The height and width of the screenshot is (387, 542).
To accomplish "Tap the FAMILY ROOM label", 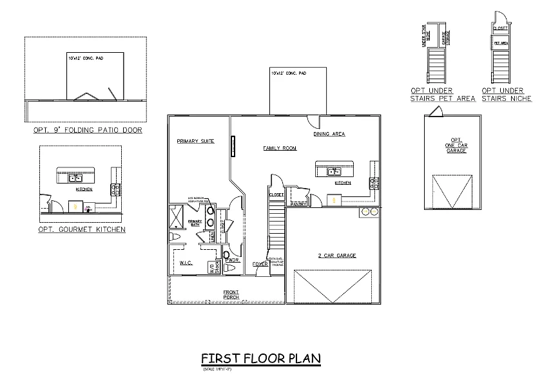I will point(280,148).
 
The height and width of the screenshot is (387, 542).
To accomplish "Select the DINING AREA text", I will point(329,134).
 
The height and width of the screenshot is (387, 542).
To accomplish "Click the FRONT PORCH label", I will point(231,295).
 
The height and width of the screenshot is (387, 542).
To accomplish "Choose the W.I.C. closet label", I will point(186,262).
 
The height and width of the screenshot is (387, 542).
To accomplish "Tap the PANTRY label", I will point(298,204).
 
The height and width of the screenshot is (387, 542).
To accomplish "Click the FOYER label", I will point(260,263).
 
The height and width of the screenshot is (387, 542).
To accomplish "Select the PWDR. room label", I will point(233,260).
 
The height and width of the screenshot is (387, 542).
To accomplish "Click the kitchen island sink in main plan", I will point(334,171).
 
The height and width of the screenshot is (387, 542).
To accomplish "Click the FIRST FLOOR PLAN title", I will point(260,359).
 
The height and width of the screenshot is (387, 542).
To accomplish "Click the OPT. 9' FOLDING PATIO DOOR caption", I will point(88,130).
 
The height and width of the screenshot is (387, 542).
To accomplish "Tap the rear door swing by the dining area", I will point(312,120).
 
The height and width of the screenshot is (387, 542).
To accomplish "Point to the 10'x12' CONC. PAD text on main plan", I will point(288,73).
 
